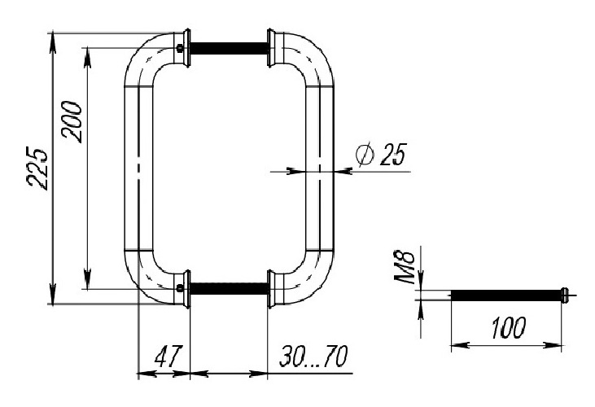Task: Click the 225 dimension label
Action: (x=38, y=168)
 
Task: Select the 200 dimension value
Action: (x=72, y=122)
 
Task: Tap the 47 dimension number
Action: (x=168, y=357)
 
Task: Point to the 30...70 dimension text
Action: (x=313, y=357)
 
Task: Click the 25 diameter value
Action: (x=393, y=155)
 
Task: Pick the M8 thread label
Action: (x=405, y=267)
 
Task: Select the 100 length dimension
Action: (x=508, y=328)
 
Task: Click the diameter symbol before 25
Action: (x=365, y=155)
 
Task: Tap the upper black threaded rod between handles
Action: (x=230, y=48)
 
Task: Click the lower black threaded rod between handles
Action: (x=230, y=289)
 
